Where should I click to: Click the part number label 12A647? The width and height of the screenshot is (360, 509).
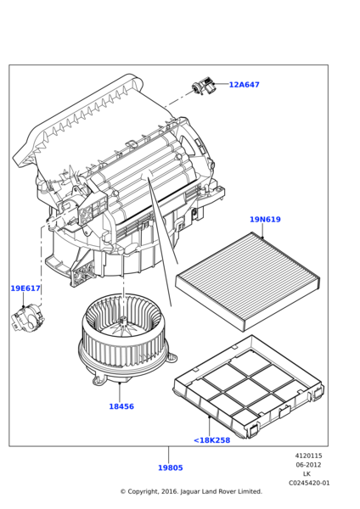[x=244, y=85]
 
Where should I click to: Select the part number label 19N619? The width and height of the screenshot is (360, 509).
[x=265, y=220]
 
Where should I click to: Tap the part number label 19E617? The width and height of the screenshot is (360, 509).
[x=25, y=288]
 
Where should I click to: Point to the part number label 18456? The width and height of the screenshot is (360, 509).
[x=121, y=406]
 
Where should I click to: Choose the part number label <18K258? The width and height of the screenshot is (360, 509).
[x=211, y=440]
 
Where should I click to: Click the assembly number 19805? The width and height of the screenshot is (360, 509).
[x=170, y=467]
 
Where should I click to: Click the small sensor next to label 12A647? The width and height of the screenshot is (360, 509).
[x=203, y=85]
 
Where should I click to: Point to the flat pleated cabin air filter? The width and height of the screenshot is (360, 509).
[x=247, y=281]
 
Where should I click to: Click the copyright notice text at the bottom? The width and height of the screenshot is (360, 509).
[x=190, y=491]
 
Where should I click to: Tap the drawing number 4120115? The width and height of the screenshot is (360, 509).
[x=308, y=456]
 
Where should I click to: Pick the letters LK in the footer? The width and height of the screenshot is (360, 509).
[x=307, y=473]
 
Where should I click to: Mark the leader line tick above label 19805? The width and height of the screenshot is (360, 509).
[x=168, y=454]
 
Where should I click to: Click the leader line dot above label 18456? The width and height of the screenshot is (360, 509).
[x=120, y=380]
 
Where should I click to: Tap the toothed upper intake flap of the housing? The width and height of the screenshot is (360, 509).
[x=85, y=119]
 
